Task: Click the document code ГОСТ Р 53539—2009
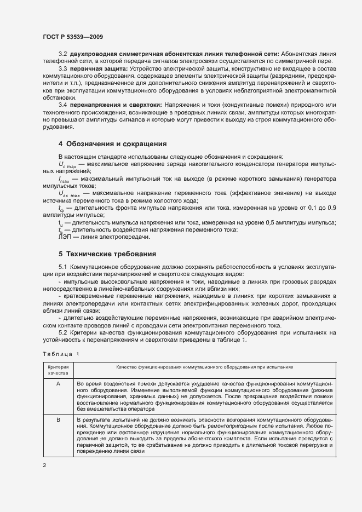[x=72, y=36]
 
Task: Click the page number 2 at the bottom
[x=44, y=465]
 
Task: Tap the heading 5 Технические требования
[x=107, y=239]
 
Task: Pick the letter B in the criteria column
[x=58, y=419]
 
